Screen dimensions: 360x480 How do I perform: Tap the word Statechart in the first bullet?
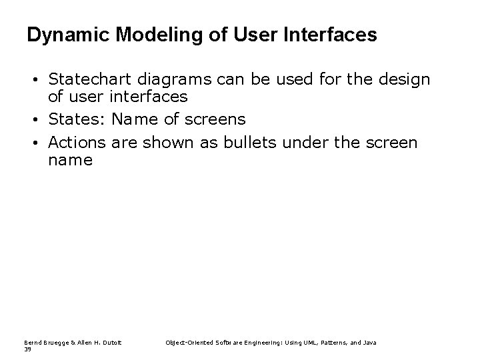point(85,81)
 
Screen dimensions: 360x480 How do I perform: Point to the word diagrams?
point(164,81)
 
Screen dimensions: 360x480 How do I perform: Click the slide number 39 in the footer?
point(27,349)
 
